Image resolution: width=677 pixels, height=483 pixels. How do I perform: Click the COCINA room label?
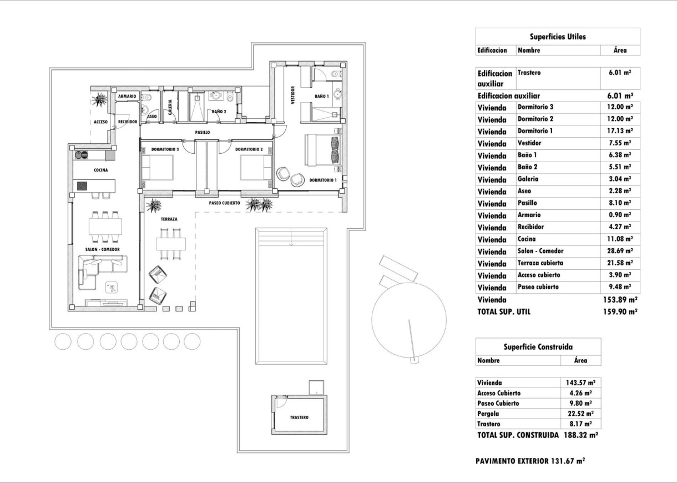100,170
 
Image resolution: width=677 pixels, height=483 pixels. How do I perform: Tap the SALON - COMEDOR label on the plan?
99,250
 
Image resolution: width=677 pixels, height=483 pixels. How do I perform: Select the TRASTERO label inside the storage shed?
299,417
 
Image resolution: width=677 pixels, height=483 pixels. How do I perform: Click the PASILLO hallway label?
202,133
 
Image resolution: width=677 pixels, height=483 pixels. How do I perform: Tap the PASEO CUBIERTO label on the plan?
224,203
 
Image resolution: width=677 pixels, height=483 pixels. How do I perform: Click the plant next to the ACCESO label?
100,100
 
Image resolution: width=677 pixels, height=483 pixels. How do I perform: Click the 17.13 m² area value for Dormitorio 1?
620,131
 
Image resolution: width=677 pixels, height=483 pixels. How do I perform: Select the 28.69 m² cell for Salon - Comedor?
620,251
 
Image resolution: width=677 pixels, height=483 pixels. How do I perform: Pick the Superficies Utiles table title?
558,37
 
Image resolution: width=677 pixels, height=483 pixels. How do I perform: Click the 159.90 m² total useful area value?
620,312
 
